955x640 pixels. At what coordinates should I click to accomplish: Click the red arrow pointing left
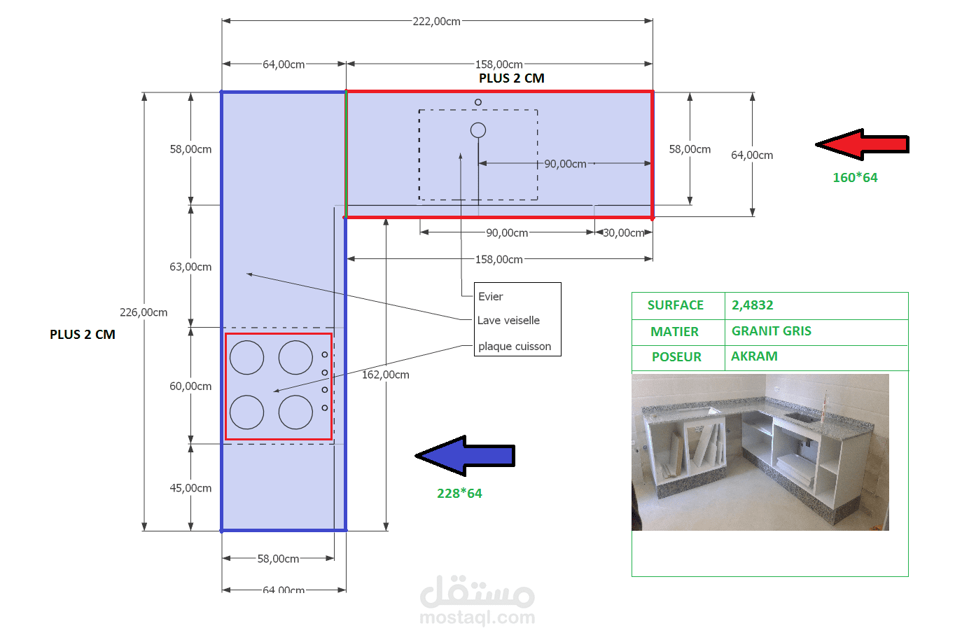click(x=862, y=144)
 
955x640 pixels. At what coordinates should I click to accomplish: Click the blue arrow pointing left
click(x=466, y=456)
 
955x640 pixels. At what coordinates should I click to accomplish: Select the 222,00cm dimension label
click(x=436, y=22)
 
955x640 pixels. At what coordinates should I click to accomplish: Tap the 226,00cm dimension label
click(x=144, y=312)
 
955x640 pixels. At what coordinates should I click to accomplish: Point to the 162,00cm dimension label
click(x=386, y=375)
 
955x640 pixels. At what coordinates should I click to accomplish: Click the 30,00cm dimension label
click(x=623, y=232)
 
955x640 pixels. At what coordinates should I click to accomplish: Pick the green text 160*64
click(x=855, y=178)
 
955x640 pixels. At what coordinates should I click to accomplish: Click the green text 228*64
click(x=459, y=494)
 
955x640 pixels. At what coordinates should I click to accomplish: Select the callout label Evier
click(x=490, y=296)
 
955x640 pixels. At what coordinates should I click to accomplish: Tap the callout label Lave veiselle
click(x=508, y=321)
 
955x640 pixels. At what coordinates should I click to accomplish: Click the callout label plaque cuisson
click(x=515, y=346)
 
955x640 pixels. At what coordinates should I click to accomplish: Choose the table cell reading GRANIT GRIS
click(x=772, y=331)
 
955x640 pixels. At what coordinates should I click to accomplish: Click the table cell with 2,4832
click(x=753, y=305)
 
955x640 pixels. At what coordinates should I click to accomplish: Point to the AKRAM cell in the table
click(x=754, y=356)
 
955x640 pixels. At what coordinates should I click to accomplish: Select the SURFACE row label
click(x=676, y=305)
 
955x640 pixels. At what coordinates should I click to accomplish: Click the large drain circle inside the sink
click(x=478, y=130)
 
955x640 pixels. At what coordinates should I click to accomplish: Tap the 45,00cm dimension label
click(x=190, y=488)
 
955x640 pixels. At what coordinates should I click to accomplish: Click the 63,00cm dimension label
click(x=190, y=267)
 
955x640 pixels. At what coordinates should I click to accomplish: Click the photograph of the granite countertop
click(x=760, y=452)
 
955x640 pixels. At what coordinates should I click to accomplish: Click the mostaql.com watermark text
click(x=478, y=618)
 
